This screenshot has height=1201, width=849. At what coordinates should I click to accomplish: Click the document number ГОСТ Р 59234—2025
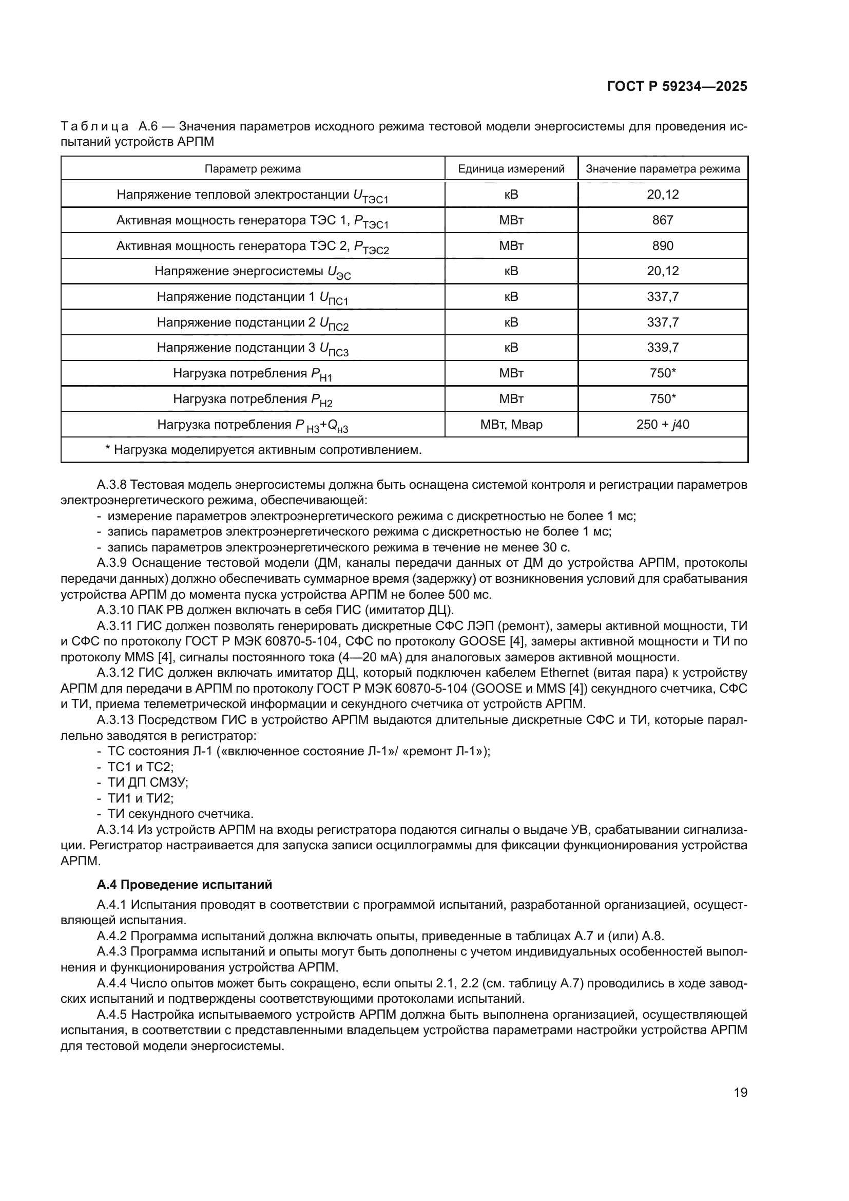click(677, 86)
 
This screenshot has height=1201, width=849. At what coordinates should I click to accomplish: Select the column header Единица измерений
click(511, 169)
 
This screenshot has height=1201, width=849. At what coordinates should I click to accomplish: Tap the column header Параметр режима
click(253, 169)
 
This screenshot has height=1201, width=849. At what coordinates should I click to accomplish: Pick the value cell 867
click(662, 220)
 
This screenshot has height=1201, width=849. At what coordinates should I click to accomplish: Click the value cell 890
click(662, 246)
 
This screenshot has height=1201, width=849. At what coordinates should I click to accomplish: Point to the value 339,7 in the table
click(662, 348)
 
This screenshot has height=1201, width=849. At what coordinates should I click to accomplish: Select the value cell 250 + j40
click(662, 425)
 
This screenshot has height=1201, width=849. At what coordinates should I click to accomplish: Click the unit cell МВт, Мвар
click(511, 425)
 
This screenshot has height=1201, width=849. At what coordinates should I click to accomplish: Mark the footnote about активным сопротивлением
click(263, 450)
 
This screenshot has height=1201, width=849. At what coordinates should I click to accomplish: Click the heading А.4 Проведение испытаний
click(185, 885)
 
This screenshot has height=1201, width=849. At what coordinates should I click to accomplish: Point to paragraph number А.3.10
click(115, 611)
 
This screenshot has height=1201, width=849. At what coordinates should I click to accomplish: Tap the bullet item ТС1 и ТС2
click(140, 767)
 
